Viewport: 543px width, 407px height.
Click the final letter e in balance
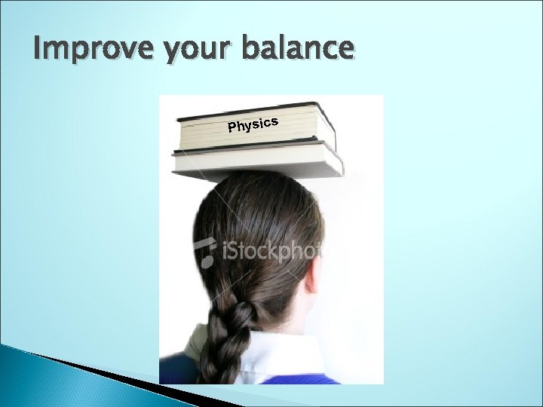[x=344, y=50]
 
